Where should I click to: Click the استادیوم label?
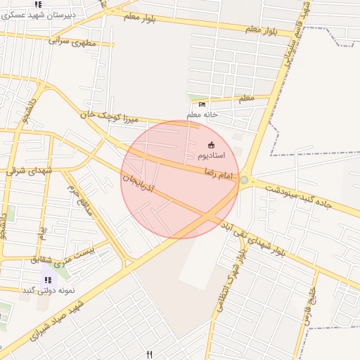pyautogui.click(x=210, y=154)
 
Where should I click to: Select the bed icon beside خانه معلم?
pyautogui.click(x=202, y=105)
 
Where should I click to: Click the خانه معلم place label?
pyautogui.click(x=202, y=114)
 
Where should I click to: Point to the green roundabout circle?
pyautogui.click(x=244, y=181)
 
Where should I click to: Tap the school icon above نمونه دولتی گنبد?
pyautogui.click(x=48, y=280)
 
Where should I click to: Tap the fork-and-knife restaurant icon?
pyautogui.click(x=149, y=354)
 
